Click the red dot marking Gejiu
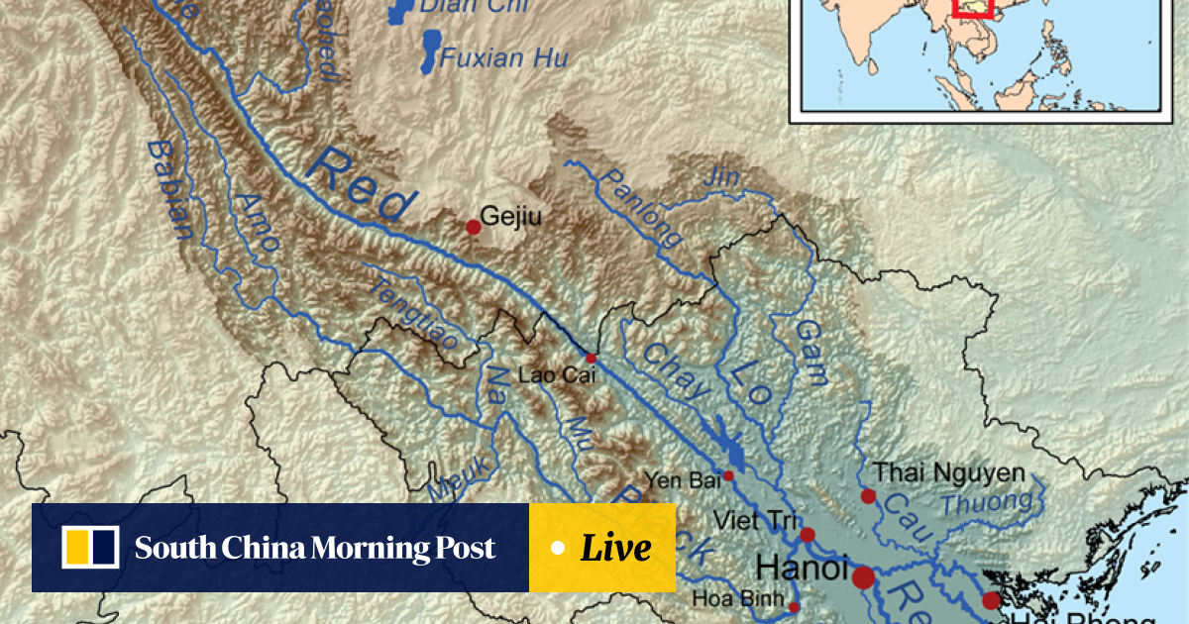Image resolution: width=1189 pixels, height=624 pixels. tap(474, 227)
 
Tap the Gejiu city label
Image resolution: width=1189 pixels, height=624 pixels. tap(510, 216)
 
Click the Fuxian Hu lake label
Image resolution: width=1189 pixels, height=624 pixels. tap(504, 57)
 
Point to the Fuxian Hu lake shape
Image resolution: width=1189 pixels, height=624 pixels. tap(431, 51)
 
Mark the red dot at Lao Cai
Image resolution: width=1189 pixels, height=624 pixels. tap(591, 359)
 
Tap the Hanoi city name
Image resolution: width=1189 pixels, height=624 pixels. tap(802, 569)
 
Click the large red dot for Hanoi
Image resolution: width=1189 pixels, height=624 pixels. tap(864, 576)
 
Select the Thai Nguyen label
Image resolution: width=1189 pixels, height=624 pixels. tap(948, 473)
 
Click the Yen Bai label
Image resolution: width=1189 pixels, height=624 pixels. tap(681, 481)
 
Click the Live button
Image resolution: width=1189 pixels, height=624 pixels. tap(602, 548)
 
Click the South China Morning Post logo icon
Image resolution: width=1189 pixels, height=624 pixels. tap(90, 548)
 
